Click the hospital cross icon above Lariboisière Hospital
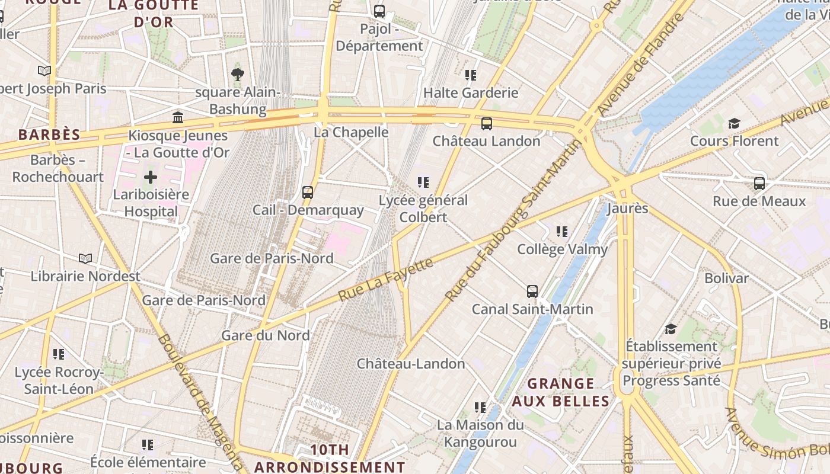point(151,177)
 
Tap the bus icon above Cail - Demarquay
point(307,192)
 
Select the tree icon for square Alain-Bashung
point(237,74)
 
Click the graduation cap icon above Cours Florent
point(734,123)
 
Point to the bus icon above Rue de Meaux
point(759,183)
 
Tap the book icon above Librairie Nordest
point(85,258)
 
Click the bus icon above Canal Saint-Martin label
point(532,291)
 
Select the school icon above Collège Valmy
point(561,231)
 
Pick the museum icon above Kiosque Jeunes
point(177,117)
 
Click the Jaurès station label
point(627,209)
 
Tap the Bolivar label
point(726,278)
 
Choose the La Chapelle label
point(351,132)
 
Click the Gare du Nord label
point(265,335)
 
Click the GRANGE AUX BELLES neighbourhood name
point(560,392)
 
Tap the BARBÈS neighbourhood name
point(49,134)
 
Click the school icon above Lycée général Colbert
point(423,182)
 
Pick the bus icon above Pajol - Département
point(379,11)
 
